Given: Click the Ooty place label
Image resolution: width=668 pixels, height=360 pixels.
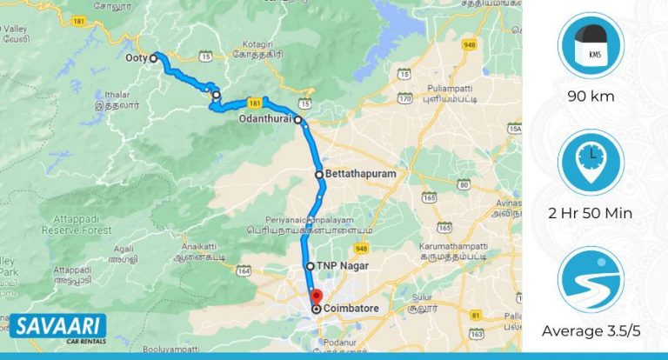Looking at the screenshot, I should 136,58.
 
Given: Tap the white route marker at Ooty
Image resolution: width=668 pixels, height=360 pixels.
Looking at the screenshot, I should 153,58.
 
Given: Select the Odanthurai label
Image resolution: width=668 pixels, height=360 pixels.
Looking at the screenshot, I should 266,119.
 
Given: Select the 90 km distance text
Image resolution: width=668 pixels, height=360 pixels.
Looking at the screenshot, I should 591,96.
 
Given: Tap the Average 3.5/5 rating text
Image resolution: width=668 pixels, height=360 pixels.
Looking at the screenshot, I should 591,330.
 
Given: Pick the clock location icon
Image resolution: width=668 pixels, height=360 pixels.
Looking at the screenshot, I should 591,163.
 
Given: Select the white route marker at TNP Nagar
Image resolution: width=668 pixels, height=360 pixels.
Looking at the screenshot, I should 310,266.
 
